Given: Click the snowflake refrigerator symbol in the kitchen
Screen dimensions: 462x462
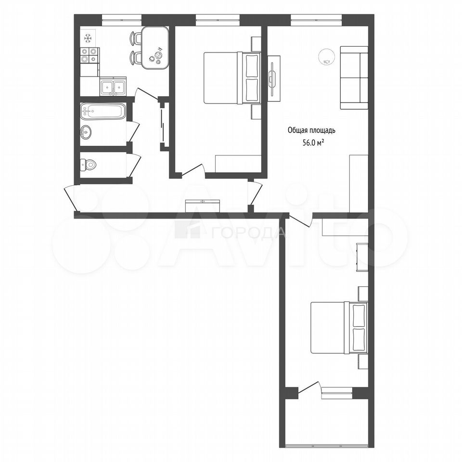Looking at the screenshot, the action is pos(88,38).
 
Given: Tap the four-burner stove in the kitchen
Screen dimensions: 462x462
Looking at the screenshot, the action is pos(89,55).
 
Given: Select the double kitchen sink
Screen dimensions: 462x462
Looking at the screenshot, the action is pos(113,87).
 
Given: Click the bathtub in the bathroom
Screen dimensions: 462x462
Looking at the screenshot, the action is pos(102,111).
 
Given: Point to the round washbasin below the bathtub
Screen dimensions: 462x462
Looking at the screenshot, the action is pos(86,132).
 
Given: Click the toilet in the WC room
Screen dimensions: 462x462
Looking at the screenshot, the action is pos(88,165).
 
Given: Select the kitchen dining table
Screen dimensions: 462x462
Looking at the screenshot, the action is pos(155,48).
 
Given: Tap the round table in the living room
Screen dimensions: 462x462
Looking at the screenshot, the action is pos(326,57).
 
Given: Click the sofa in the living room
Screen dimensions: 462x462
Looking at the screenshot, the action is pos(354,78).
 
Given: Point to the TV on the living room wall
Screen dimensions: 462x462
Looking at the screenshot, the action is pos(274,78).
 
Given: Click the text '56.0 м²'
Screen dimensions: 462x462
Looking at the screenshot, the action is pos(311,142).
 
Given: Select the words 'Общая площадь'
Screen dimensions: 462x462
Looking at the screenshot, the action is pos(311,130).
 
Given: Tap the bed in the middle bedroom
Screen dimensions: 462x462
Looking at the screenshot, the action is pos(232,78).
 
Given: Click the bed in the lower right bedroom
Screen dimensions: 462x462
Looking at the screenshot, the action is pos(339,328).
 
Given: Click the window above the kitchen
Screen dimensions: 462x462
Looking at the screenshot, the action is pos(122,20).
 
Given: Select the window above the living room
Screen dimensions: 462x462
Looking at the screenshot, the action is pos(317,20).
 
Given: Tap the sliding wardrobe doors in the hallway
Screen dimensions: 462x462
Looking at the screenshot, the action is pos(162,126).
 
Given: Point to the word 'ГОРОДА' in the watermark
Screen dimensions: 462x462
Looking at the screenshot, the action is pos(249,233).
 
